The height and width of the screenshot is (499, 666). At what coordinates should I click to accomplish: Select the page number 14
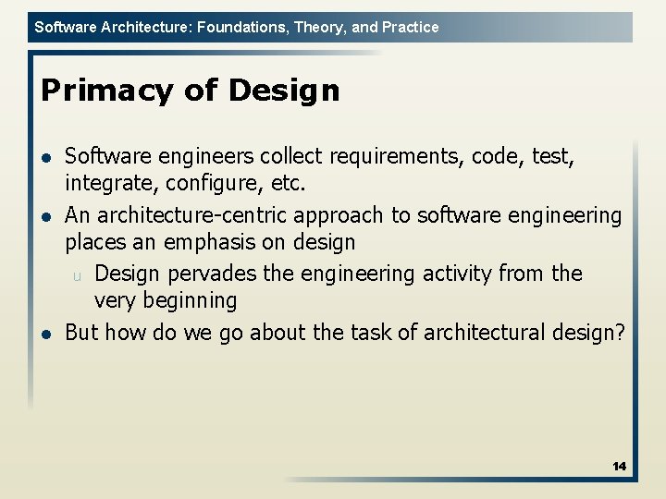619,467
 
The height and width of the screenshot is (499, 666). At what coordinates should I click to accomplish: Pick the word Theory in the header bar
319,27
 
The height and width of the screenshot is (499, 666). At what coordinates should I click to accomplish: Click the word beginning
191,300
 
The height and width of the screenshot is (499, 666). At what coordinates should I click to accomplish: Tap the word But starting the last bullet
81,333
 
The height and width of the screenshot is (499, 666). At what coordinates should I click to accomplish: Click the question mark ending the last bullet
620,333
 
